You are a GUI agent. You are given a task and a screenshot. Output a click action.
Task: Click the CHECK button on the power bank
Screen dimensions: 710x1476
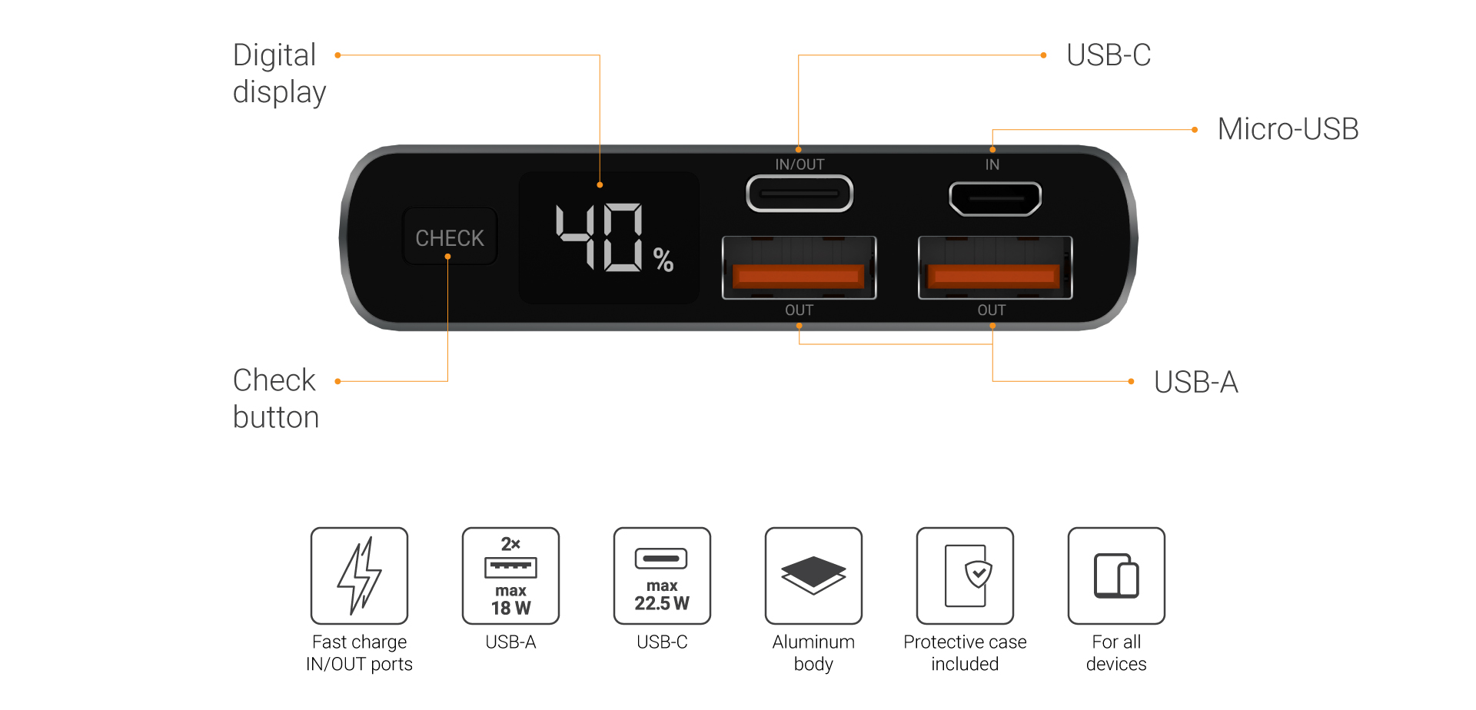pyautogui.click(x=450, y=237)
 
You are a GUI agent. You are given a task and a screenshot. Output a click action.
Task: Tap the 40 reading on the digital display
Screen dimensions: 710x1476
pyautogui.click(x=600, y=237)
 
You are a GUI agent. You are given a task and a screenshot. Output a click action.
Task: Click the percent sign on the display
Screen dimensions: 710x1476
pyautogui.click(x=663, y=260)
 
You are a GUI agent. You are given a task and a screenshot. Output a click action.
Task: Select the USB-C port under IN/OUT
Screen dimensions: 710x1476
pyautogui.click(x=799, y=194)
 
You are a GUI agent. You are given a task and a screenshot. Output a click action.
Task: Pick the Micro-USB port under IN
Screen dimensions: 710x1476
pyautogui.click(x=995, y=198)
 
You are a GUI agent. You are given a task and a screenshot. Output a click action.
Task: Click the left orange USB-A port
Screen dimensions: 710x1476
pyautogui.click(x=799, y=268)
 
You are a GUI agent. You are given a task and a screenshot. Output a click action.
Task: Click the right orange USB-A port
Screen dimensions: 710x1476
pyautogui.click(x=995, y=268)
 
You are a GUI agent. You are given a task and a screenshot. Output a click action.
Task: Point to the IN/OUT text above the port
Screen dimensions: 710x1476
pyautogui.click(x=799, y=164)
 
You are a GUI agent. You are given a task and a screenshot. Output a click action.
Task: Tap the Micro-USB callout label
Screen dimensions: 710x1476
pyautogui.click(x=1288, y=129)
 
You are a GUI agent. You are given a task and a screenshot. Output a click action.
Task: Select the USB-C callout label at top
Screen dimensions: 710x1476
pyautogui.click(x=1108, y=55)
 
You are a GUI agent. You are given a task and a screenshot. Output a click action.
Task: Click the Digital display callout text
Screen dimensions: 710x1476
pyautogui.click(x=278, y=74)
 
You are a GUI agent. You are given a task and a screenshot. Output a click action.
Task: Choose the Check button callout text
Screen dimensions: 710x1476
pyautogui.click(x=275, y=399)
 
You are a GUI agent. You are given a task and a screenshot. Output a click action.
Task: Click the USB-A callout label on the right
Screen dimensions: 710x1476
pyautogui.click(x=1195, y=382)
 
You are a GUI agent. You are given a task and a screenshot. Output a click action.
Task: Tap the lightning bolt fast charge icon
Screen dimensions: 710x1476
pyautogui.click(x=359, y=576)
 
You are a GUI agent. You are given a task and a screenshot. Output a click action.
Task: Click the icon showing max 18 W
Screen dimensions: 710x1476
pyautogui.click(x=510, y=576)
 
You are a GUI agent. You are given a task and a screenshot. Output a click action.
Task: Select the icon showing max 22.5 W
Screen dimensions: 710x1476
pyautogui.click(x=662, y=576)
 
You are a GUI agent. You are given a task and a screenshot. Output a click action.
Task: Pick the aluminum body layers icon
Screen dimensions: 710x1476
pyautogui.click(x=813, y=576)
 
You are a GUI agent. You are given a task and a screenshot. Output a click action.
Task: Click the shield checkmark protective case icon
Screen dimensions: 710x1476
pyautogui.click(x=965, y=576)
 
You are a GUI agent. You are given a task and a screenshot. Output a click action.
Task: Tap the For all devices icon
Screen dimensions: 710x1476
pyautogui.click(x=1116, y=576)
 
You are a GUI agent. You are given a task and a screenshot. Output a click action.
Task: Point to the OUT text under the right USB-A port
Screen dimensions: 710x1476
pyautogui.click(x=992, y=310)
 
